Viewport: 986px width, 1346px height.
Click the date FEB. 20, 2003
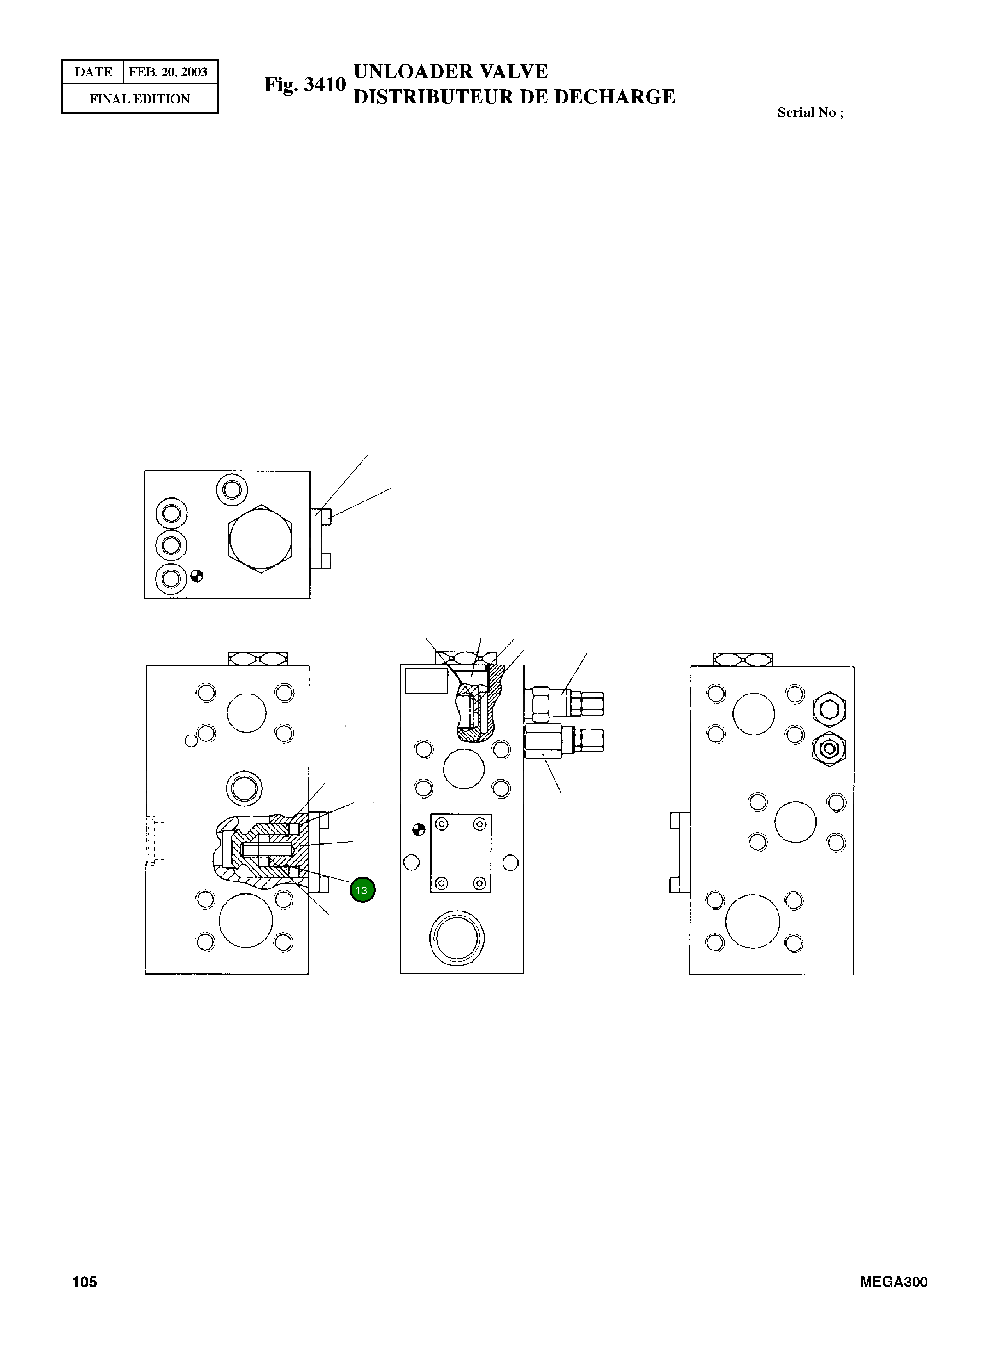[168, 72]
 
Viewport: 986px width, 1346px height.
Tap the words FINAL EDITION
[140, 99]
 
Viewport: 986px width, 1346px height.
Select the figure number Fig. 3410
[305, 84]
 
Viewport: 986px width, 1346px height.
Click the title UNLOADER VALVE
[451, 72]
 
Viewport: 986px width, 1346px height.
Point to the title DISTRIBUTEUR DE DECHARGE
[514, 97]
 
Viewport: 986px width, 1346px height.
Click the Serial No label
[810, 112]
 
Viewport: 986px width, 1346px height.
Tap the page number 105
[84, 1282]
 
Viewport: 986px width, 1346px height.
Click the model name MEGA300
[894, 1282]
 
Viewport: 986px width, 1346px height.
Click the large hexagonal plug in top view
[261, 538]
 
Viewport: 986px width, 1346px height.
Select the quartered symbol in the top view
[197, 576]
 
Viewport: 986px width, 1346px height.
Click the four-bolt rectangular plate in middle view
[460, 853]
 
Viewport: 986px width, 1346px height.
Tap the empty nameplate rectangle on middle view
[426, 681]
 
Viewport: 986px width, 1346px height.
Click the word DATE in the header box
[93, 72]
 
